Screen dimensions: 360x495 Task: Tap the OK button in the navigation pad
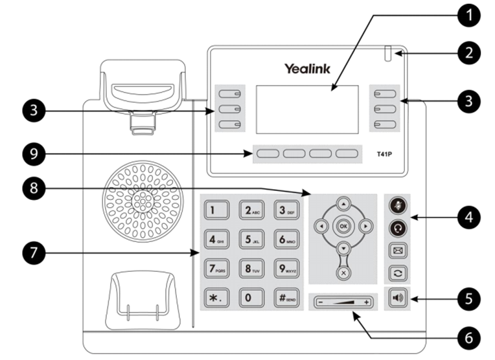coord(343,227)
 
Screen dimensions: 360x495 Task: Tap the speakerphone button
coord(397,298)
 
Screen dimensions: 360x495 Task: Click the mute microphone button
coord(397,205)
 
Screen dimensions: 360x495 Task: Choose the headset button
coord(397,227)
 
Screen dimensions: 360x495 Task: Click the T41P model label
coord(387,155)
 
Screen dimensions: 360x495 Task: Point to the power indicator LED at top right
coord(389,54)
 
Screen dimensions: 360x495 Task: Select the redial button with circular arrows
coord(397,273)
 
